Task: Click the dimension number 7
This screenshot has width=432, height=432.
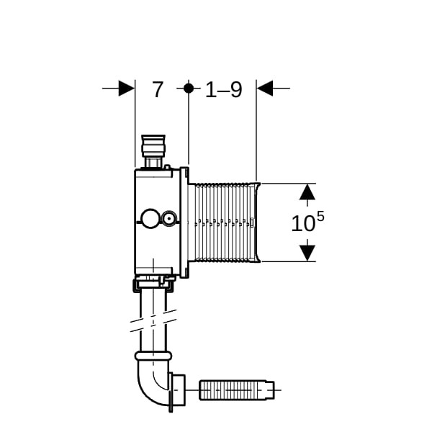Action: click(x=158, y=89)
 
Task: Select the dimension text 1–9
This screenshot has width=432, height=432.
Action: click(x=224, y=89)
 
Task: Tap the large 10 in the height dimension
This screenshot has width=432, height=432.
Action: click(x=303, y=223)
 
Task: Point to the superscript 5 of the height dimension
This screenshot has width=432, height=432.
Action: click(x=320, y=217)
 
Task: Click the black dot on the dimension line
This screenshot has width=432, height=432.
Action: click(x=189, y=88)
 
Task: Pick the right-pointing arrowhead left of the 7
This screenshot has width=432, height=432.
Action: click(x=126, y=88)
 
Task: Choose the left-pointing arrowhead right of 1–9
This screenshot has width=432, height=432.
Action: click(x=265, y=88)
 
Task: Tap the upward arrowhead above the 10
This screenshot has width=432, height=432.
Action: click(x=307, y=192)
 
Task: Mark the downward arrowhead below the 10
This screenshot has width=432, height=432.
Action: click(x=307, y=253)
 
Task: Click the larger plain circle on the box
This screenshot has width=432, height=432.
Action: click(x=150, y=218)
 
